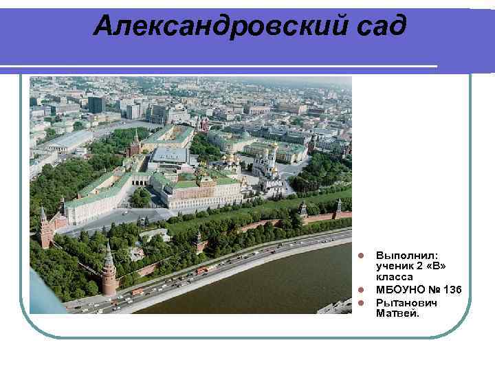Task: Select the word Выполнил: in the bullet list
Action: (x=402, y=255)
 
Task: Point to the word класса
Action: (x=395, y=276)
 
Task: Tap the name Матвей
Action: (x=397, y=313)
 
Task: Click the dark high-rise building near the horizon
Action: (x=96, y=104)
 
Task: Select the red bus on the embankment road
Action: (x=201, y=271)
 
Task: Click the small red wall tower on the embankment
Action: (x=199, y=242)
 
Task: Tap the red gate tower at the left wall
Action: (x=46, y=228)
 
